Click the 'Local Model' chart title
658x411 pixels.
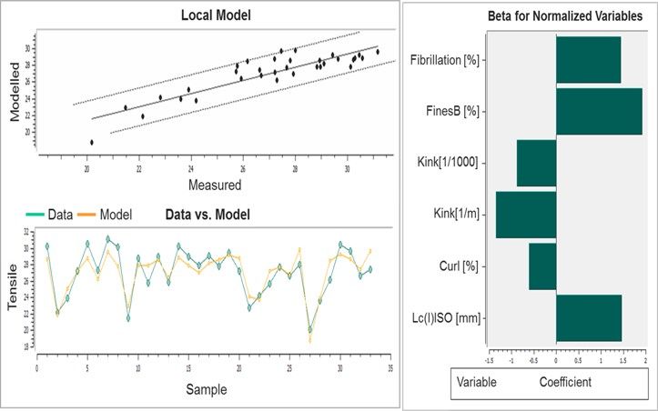point(216,15)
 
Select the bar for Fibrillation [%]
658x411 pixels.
point(588,60)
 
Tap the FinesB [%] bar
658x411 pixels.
point(599,111)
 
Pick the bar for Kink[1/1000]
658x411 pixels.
point(536,163)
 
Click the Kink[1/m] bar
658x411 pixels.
point(526,215)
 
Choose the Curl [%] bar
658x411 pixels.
point(542,266)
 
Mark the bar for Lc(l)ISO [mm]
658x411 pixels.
point(589,317)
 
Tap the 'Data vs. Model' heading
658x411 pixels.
point(208,216)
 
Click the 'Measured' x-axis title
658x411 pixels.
point(214,185)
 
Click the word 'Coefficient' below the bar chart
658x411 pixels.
point(565,382)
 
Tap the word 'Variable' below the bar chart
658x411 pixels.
point(476,382)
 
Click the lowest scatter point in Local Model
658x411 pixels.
point(91,142)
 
